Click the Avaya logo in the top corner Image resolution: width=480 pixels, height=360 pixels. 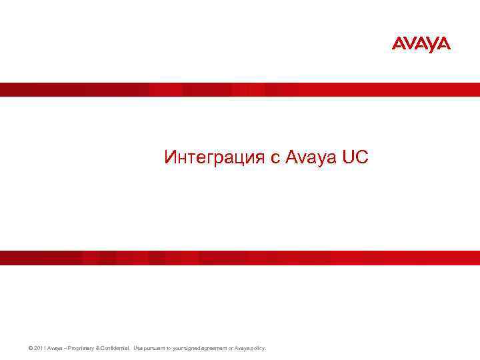tap(421, 45)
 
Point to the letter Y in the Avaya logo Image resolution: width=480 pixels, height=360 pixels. tap(433, 45)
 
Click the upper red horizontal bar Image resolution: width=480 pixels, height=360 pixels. tap(240, 89)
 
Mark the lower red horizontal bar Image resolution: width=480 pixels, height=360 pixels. tap(240, 257)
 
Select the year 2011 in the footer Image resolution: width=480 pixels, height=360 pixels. tap(36, 349)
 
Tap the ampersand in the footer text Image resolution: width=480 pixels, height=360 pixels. tap(98, 349)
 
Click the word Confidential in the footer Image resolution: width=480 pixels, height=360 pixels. tap(115, 349)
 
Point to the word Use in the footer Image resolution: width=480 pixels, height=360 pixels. tap(138, 349)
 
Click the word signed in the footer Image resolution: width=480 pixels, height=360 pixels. tap(197, 349)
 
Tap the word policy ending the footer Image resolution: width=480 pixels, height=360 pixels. tap(257, 349)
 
